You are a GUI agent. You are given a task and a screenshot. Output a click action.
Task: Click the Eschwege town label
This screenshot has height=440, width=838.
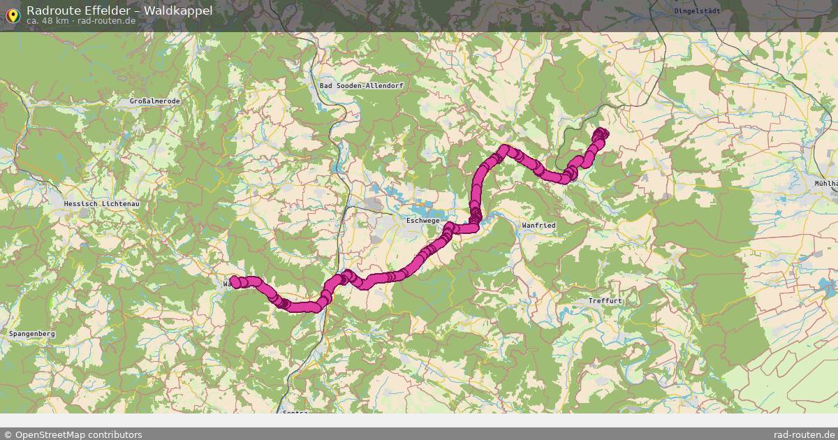pos(422,221)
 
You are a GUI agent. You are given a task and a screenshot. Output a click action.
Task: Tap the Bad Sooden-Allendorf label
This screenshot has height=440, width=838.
pos(361,85)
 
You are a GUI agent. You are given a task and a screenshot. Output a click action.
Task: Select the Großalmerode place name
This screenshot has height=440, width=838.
pos(155,101)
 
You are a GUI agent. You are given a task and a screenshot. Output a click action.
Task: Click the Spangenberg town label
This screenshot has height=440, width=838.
pos(32,334)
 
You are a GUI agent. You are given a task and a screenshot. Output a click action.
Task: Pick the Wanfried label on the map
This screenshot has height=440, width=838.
pos(538,226)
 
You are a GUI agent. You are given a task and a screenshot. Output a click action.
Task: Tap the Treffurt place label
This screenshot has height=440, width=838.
pos(605,301)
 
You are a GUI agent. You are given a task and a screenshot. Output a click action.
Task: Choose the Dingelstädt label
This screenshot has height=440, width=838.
pos(697,11)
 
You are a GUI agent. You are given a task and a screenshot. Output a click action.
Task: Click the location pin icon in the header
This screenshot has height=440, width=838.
pos(13,14)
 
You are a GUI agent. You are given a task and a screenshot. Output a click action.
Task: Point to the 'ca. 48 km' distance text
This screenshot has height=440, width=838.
pos(47,21)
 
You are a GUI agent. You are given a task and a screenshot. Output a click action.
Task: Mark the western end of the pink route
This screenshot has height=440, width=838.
pos(235,281)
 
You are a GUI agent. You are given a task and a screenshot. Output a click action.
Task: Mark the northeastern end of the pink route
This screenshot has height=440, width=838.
pos(601,133)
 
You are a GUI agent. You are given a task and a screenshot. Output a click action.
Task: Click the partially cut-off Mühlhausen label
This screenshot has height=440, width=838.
pos(826,184)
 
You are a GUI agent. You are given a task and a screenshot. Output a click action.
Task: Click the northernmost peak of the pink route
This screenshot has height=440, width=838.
pos(504,149)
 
